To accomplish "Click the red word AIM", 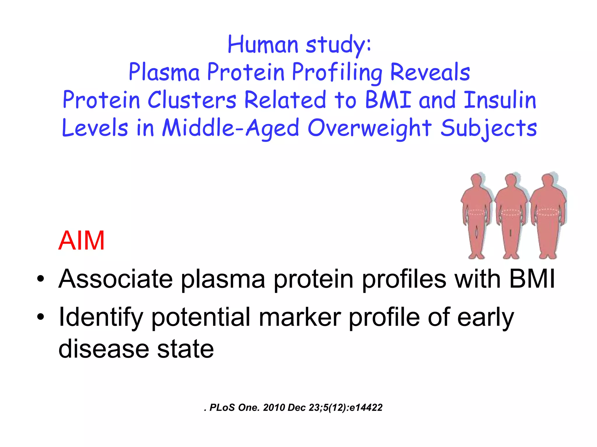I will [81, 241].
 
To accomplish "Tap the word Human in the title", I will [263, 45].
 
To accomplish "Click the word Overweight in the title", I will [369, 128].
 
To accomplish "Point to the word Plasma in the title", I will [164, 72].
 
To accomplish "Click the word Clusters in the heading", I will [192, 100].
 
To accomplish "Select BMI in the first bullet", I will [532, 279].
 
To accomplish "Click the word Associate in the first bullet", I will [115, 279].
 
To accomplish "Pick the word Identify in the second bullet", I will [101, 317].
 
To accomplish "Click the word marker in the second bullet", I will [300, 317].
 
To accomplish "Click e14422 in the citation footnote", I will [366, 408].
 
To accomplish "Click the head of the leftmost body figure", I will [476, 180].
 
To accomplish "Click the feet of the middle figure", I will [511, 256].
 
